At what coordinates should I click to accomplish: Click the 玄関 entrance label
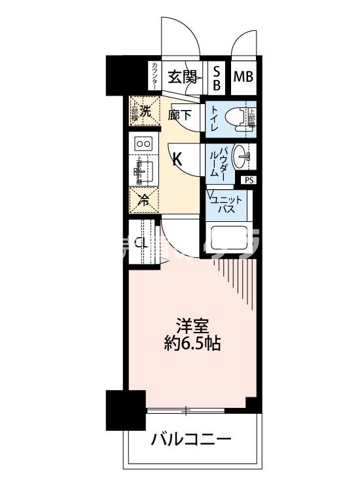[183, 77]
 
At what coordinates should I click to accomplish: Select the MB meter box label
[243, 77]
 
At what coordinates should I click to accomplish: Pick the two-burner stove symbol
[143, 143]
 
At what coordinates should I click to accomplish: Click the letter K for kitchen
[177, 157]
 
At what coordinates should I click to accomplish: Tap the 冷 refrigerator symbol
[143, 200]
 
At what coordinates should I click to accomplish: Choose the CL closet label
[141, 242]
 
